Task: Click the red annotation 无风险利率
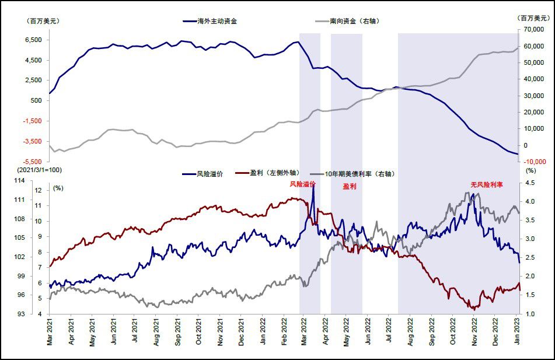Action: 487,184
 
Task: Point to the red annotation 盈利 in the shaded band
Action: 349,187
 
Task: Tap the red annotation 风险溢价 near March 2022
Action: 303,184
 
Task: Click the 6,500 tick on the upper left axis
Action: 33,40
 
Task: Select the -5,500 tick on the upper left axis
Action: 32,161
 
